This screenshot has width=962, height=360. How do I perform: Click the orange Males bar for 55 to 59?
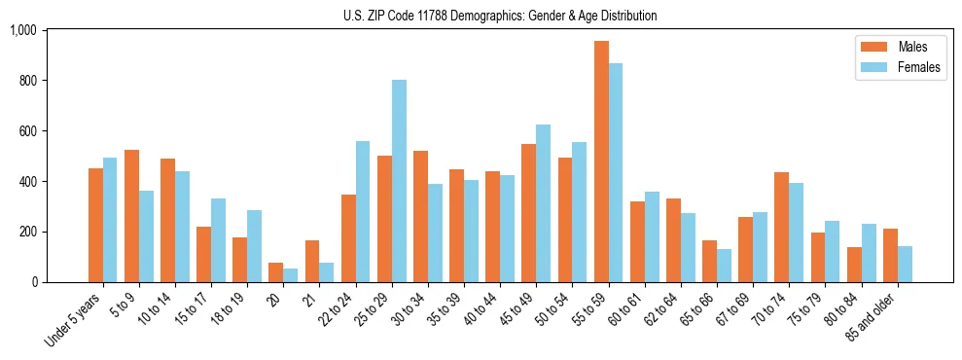click(601, 162)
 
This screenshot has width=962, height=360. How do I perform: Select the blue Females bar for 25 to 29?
click(399, 181)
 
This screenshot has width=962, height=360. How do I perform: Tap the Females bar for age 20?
click(291, 275)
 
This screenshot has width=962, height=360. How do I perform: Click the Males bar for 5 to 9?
click(131, 216)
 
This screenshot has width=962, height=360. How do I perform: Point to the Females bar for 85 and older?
click(905, 264)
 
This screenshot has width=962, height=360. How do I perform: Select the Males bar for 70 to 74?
click(782, 227)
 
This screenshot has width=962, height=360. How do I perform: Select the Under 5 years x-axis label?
click(74, 321)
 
